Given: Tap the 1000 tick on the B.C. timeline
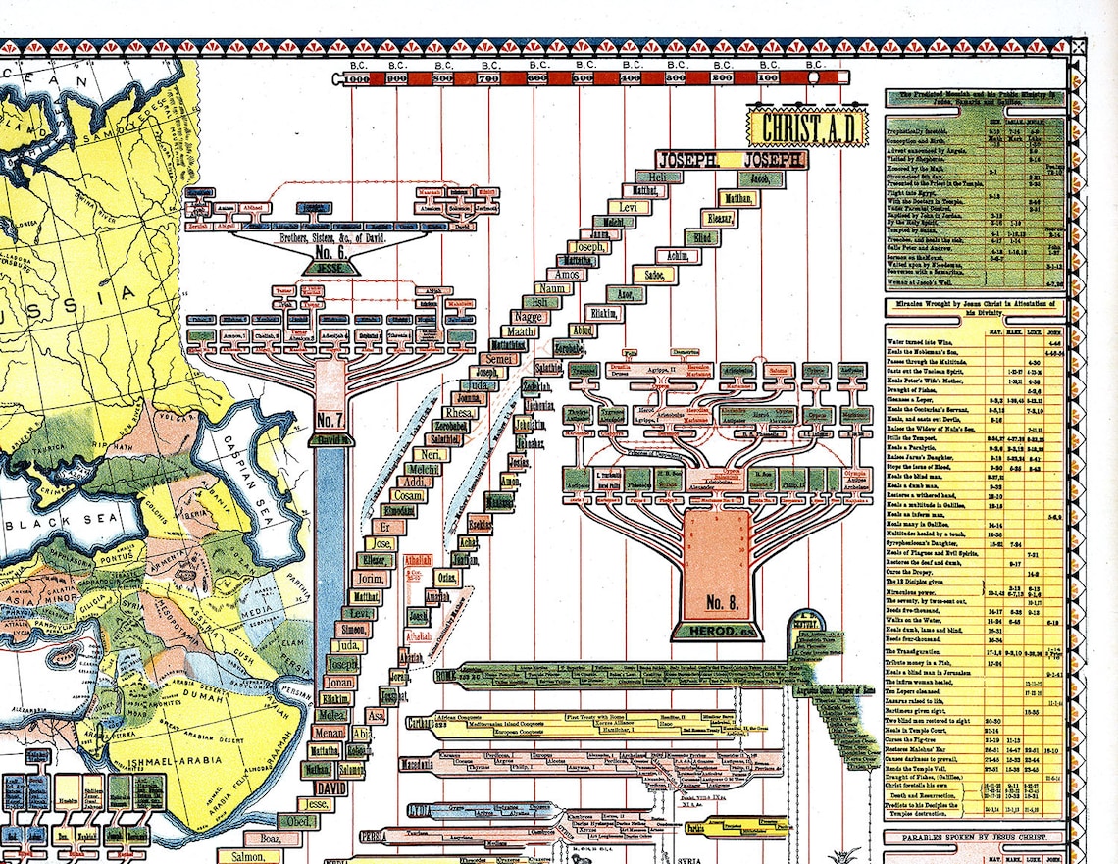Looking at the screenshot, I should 355,78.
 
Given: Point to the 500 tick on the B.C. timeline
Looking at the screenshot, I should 584,78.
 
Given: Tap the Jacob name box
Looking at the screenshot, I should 759,178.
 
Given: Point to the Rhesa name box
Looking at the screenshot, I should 459,413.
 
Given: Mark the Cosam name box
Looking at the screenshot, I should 412,497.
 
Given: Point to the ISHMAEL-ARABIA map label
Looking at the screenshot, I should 186,748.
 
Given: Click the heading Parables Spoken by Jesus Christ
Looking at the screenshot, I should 974,838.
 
